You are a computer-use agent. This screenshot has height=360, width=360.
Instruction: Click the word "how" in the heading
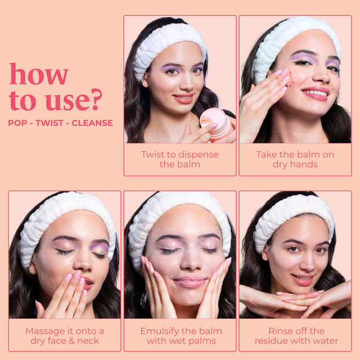[39, 74]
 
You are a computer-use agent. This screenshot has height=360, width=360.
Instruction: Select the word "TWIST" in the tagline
[49, 123]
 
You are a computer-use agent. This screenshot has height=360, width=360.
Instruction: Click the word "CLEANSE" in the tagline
[92, 123]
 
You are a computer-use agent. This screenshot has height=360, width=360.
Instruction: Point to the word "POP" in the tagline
[17, 123]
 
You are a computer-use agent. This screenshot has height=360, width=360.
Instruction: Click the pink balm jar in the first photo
[215, 124]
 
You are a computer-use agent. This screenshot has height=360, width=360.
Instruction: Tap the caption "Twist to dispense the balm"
[180, 159]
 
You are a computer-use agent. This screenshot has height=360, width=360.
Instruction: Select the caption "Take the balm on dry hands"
[295, 159]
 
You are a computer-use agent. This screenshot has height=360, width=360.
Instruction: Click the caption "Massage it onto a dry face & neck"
[65, 336]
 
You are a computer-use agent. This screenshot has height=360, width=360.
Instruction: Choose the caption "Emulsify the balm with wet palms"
[181, 336]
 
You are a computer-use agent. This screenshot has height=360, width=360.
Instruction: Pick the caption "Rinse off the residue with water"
[296, 336]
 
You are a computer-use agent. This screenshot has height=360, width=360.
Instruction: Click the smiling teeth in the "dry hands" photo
[316, 93]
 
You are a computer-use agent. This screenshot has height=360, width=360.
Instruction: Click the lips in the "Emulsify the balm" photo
[190, 282]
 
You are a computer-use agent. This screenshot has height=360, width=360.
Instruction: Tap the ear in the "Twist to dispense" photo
[145, 80]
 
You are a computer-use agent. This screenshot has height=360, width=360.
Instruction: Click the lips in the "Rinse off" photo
[303, 280]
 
